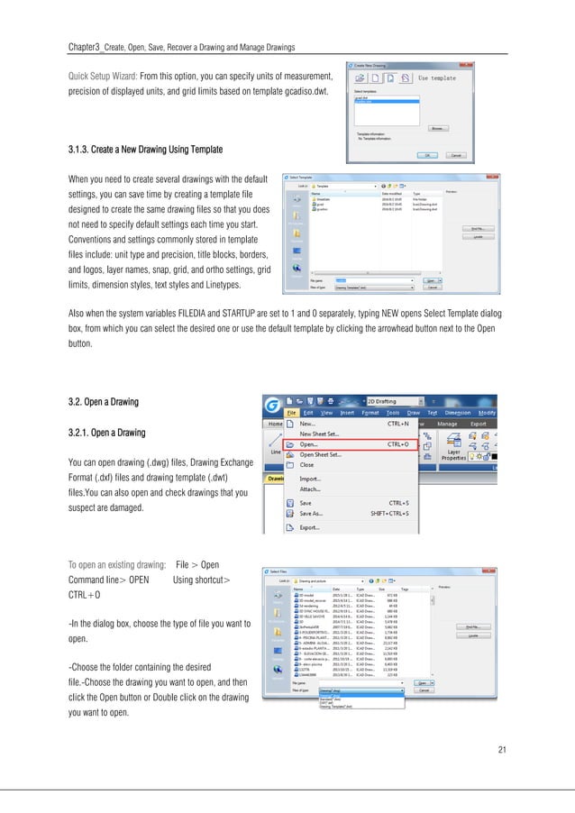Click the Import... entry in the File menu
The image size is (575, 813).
310,479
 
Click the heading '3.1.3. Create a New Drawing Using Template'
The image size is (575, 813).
145,148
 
